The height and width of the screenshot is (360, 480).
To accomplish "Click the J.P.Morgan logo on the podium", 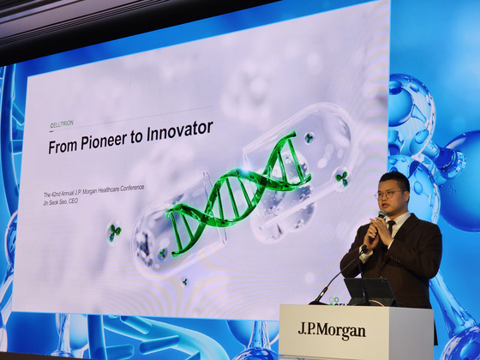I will click(x=331, y=330).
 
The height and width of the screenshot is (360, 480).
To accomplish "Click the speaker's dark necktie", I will click(x=391, y=229).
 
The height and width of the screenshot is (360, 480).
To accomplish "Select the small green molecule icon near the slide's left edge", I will click(x=113, y=231).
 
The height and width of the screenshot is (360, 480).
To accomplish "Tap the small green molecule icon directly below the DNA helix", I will click(x=183, y=281).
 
